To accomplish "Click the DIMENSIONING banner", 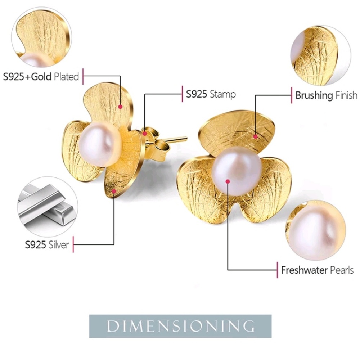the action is pyautogui.click(x=180, y=326).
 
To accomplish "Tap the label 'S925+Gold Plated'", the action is pyautogui.click(x=41, y=77).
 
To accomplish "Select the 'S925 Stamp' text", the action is pyautogui.click(x=211, y=94).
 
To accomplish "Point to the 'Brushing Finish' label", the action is pyautogui.click(x=326, y=95).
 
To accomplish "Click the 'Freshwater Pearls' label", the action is pyautogui.click(x=317, y=270).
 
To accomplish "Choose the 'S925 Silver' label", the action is pyautogui.click(x=47, y=245).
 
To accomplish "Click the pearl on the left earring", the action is pyautogui.click(x=100, y=145).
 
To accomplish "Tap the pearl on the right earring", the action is pyautogui.click(x=237, y=171).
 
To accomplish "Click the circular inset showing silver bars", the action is pyautogui.click(x=48, y=207).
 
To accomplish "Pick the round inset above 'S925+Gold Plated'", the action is pyautogui.click(x=41, y=37).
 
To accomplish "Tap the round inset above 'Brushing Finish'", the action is pyautogui.click(x=320, y=55).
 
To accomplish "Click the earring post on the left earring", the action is pyautogui.click(x=175, y=139).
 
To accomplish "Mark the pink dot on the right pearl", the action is pyautogui.click(x=228, y=181).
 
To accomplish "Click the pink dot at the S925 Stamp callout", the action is pyautogui.click(x=145, y=134).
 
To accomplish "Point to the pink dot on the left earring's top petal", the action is pyautogui.click(x=120, y=107).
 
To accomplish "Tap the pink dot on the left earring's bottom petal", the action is pyautogui.click(x=114, y=191).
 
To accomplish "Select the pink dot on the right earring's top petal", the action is pyautogui.click(x=256, y=137).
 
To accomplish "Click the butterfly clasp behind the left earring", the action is pyautogui.click(x=155, y=144).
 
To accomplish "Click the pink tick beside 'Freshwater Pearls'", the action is pyautogui.click(x=277, y=270).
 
